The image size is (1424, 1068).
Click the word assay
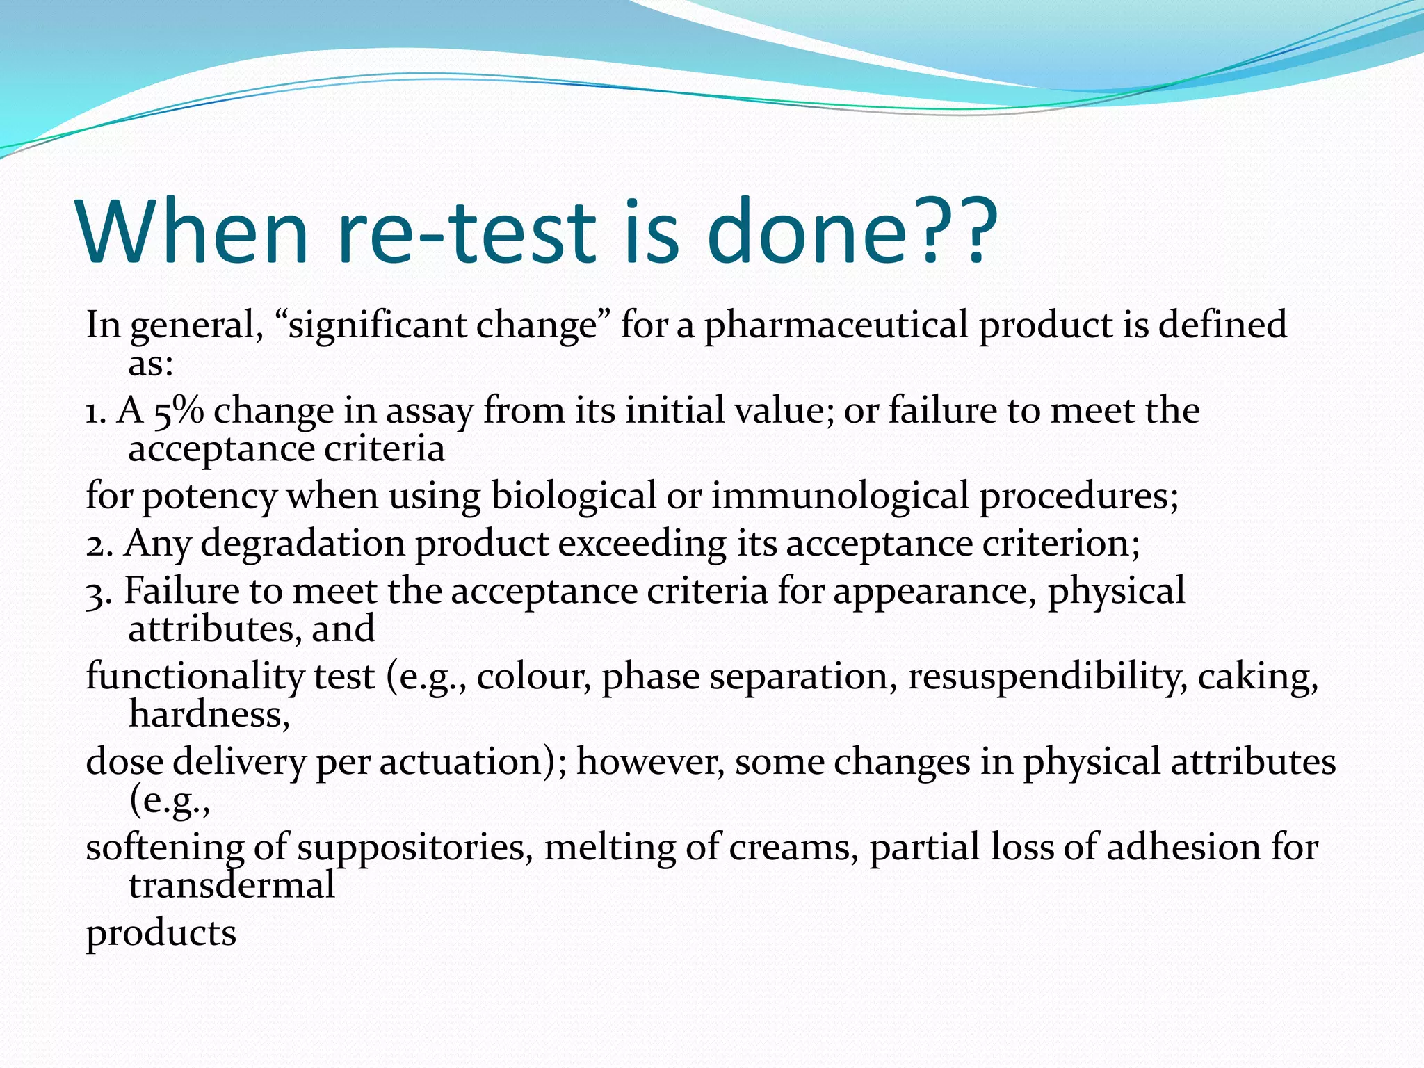click(x=430, y=411)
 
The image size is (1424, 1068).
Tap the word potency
click(x=209, y=496)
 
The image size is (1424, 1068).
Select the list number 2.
click(x=98, y=544)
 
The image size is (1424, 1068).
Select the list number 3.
click(x=98, y=592)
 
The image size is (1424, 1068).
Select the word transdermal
click(x=232, y=885)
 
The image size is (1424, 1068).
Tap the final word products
click(x=161, y=933)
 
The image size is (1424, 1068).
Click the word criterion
click(x=1060, y=543)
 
